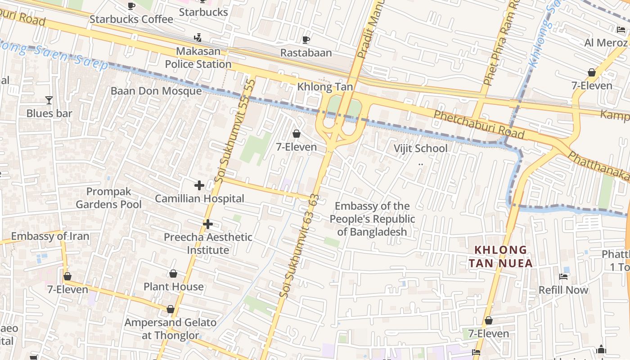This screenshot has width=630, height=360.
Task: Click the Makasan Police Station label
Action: pos(198,58)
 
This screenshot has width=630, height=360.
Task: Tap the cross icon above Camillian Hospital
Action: pos(199,185)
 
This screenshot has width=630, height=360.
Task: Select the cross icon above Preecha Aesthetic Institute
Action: pos(207,224)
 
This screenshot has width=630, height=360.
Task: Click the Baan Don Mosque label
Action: pos(156,91)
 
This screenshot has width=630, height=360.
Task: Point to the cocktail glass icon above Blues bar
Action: pos(49,100)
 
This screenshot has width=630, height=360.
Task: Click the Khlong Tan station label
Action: pos(325,87)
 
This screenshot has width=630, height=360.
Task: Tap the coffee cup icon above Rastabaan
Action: pos(306,40)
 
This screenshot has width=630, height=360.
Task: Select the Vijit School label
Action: pos(420,148)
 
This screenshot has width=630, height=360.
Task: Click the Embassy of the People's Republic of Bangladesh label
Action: pos(372,219)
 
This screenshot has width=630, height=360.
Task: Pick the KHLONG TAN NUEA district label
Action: pos(500,256)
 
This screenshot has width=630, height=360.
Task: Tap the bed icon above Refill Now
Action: pos(563,276)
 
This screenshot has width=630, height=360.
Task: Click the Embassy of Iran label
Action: pos(50,236)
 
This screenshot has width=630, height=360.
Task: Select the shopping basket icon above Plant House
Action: pos(173,274)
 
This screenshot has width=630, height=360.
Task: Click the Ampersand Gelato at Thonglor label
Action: pos(170,328)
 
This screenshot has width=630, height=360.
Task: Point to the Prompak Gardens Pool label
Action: pos(108,198)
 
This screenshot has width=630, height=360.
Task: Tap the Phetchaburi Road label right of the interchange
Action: pos(479,125)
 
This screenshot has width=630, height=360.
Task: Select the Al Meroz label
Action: pos(606,43)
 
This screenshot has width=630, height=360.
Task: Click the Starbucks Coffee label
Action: pos(131,19)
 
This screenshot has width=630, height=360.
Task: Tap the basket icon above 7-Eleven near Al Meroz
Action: pos(591,72)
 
